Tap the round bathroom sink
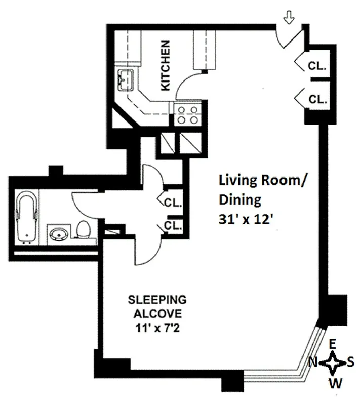tap(59, 234)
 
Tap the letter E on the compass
tap(333, 344)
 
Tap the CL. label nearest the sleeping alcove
tap(173, 225)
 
